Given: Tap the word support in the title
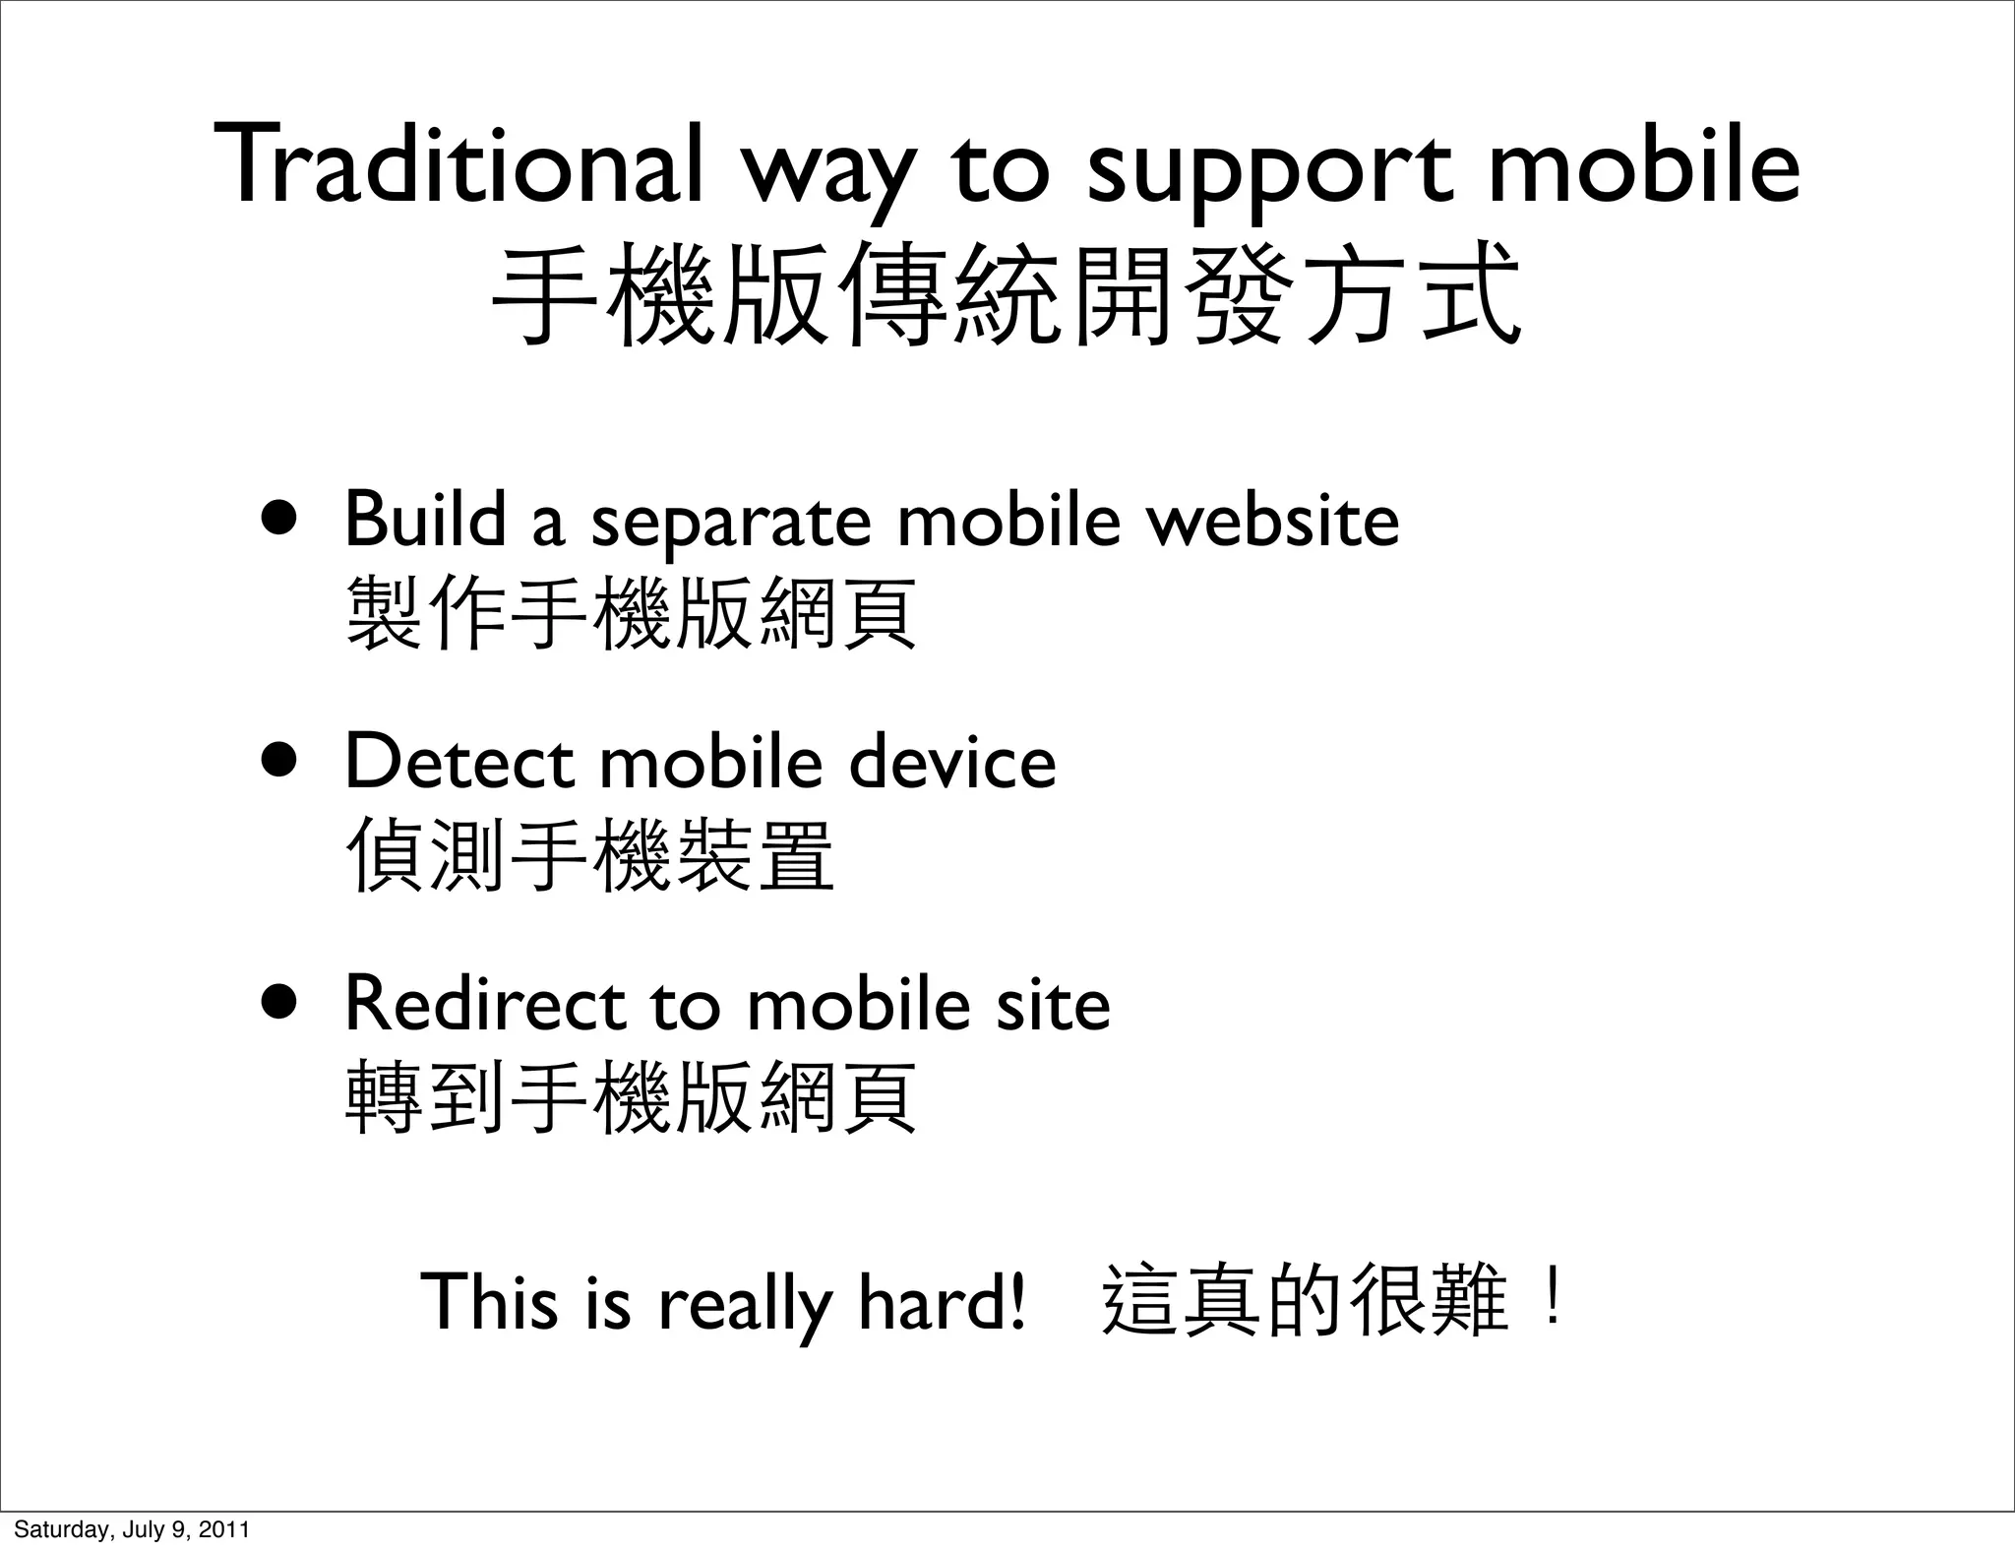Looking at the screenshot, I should click(1270, 169).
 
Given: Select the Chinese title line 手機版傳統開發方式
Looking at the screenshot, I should click(1007, 296).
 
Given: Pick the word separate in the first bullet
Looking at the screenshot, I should click(730, 524).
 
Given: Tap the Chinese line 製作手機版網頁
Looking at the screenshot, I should click(631, 613).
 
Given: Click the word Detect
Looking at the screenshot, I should click(459, 762).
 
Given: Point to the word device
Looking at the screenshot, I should click(951, 762).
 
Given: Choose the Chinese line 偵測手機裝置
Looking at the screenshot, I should click(590, 855).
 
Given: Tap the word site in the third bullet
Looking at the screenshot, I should click(1053, 1004).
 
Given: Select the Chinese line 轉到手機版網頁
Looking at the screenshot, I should click(631, 1097).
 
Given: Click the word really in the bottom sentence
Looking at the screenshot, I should click(745, 1305).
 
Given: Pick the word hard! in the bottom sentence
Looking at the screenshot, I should click(942, 1300).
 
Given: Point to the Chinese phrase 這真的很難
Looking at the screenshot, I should click(1304, 1300).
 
